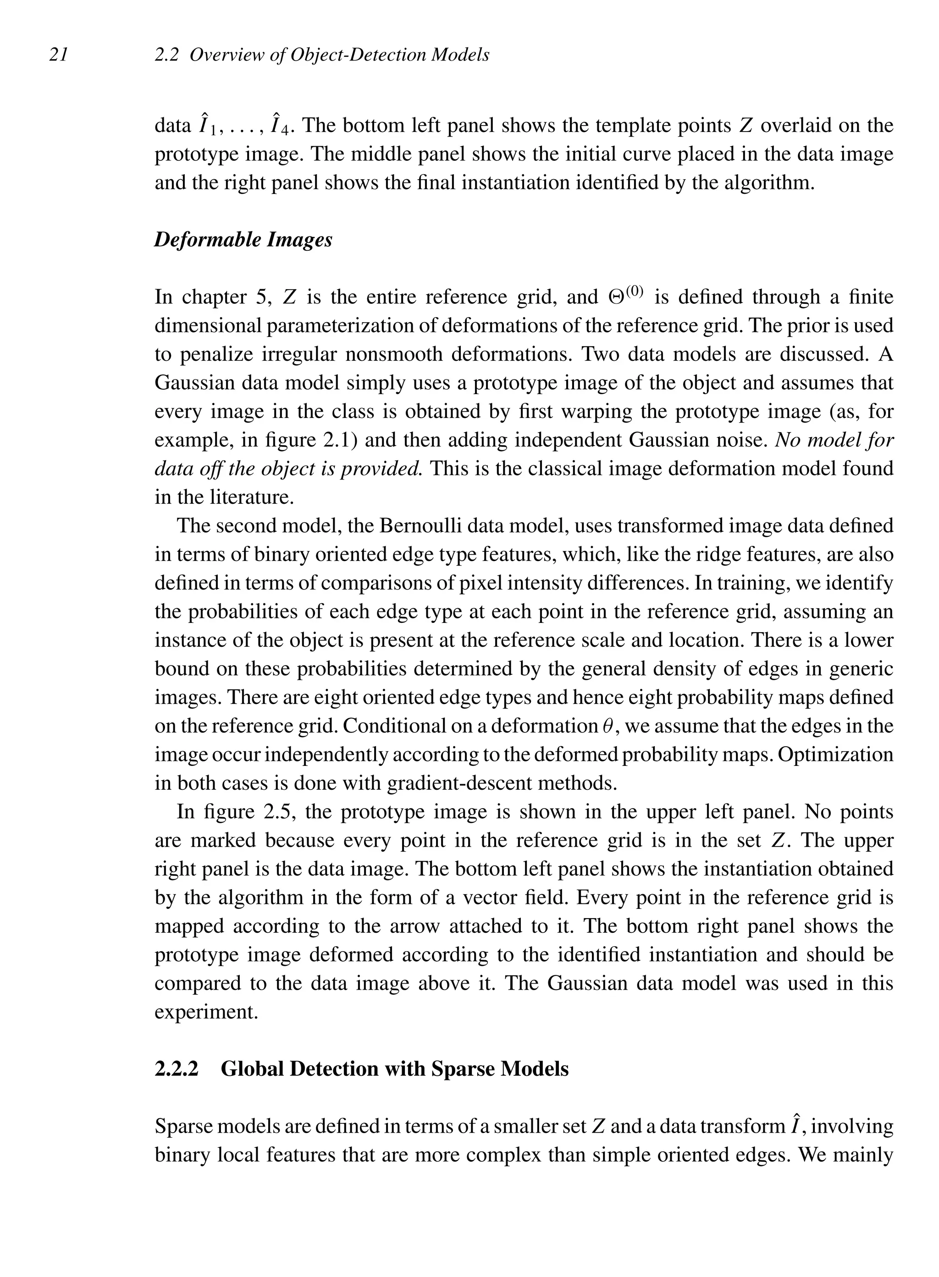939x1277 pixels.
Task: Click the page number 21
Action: (59, 55)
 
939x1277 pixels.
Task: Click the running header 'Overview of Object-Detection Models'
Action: (339, 55)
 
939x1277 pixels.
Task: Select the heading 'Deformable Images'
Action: (243, 239)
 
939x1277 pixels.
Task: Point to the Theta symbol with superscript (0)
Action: (626, 296)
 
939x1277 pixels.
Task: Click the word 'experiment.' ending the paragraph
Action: (206, 1012)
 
